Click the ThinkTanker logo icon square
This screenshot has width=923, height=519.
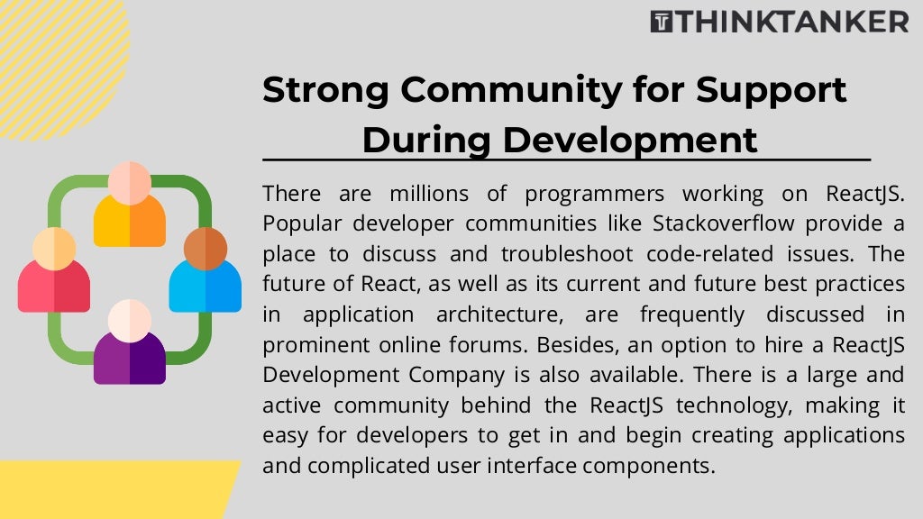(x=662, y=22)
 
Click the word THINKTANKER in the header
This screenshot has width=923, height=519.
(x=792, y=22)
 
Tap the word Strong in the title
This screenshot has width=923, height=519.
(x=324, y=90)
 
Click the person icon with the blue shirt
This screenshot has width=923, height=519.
(x=206, y=270)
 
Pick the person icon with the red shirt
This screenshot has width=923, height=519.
(x=54, y=270)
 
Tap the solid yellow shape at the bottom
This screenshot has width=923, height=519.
(x=108, y=490)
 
